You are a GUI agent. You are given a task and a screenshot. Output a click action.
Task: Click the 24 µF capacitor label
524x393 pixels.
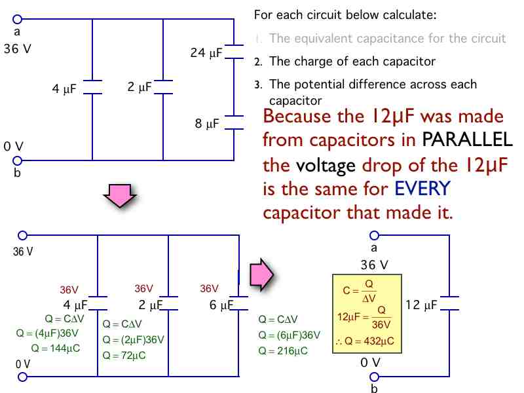206,52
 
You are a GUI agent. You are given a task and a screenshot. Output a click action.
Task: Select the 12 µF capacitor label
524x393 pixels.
422,305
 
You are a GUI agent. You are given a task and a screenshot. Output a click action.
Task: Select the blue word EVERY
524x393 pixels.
422,189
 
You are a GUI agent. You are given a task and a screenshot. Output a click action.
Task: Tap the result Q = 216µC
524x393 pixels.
283,350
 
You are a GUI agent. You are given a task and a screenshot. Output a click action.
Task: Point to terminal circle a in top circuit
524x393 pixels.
17,20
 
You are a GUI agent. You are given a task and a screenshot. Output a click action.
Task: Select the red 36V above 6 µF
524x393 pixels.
209,288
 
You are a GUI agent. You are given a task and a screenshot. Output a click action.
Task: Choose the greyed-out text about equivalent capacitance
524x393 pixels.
387,39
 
